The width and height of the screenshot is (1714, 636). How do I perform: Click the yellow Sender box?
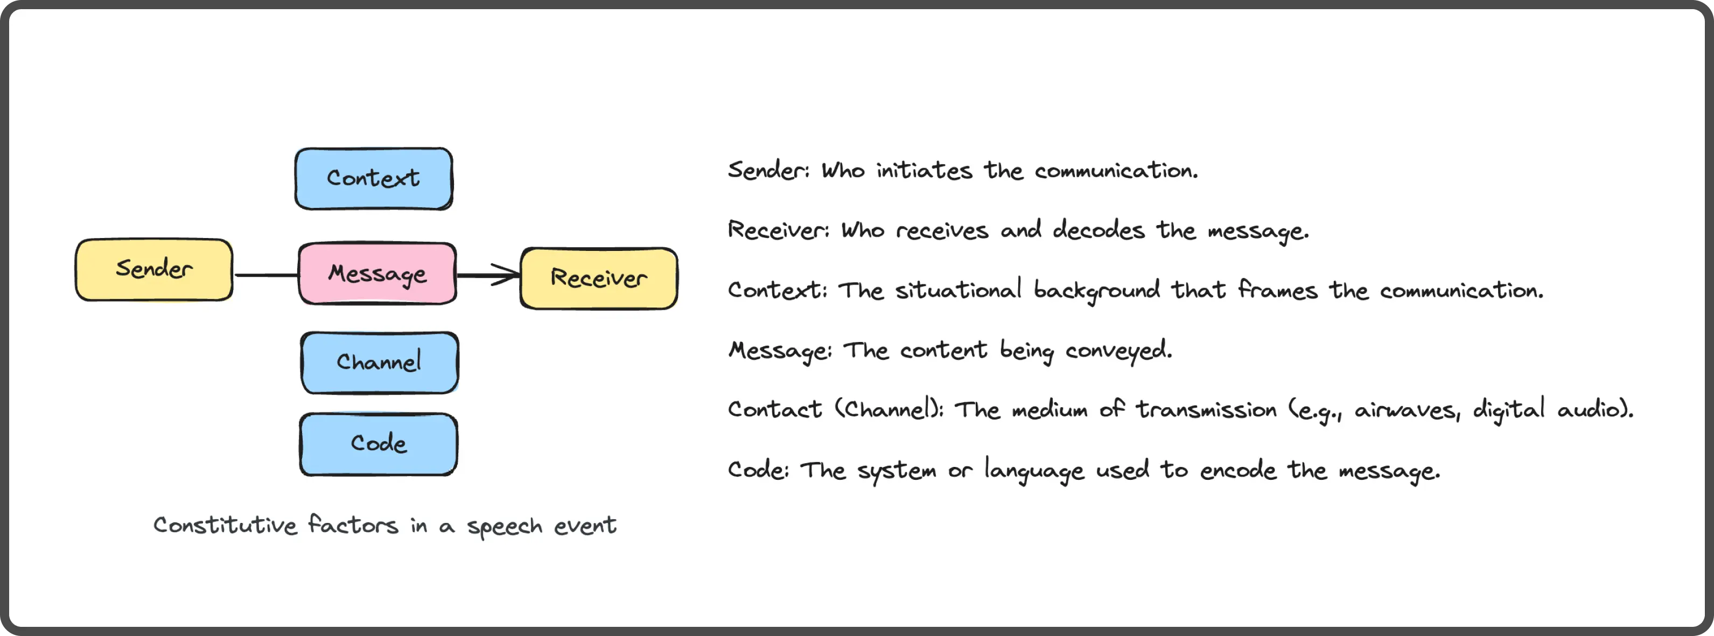point(153,269)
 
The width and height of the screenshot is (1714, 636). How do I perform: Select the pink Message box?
point(377,274)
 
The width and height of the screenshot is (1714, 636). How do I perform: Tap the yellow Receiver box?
point(599,278)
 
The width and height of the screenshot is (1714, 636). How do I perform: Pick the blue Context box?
point(373,178)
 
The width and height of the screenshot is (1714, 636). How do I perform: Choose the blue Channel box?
point(379,362)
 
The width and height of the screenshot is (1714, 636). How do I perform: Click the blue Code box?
point(378,444)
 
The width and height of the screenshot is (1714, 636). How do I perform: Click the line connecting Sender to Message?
point(266,275)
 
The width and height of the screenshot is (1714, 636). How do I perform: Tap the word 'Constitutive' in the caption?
point(225,525)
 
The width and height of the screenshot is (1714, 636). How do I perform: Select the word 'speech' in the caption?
point(505,527)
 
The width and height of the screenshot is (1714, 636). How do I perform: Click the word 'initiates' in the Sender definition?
point(924,170)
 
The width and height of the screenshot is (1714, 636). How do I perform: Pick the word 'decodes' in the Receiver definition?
point(1099,229)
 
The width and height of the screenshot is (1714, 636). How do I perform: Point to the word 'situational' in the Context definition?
point(958,289)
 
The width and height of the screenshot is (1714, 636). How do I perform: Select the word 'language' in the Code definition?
point(1034,470)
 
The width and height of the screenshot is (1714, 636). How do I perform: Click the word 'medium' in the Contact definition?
point(1050,409)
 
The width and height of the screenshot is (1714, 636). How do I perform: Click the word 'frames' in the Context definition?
point(1277,289)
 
